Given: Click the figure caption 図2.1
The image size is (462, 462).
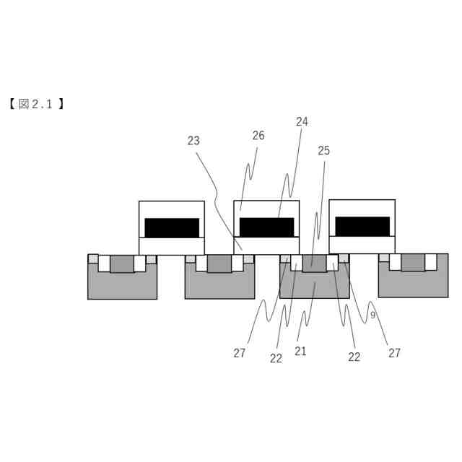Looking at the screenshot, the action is click(37, 104).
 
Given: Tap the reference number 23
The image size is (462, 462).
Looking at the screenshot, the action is click(193, 141).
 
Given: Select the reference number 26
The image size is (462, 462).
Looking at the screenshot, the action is click(258, 135).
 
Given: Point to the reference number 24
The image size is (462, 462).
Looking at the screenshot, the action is click(302, 122).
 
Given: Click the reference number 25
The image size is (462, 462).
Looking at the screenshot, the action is click(323, 150).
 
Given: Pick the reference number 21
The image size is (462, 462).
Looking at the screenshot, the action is click(301, 352).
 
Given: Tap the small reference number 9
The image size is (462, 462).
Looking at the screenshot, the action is click(372, 315).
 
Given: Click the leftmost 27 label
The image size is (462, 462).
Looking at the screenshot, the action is click(240, 353).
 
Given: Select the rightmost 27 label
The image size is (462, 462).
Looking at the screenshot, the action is click(394, 353).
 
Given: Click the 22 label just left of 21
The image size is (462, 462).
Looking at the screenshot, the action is click(276, 358).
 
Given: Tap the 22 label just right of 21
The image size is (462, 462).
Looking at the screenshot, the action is click(354, 357).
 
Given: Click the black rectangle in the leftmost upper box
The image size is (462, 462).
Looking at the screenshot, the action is click(172, 228).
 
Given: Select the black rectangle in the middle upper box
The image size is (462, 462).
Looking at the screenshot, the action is click(266, 227).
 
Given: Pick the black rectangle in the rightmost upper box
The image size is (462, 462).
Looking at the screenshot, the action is click(362, 227).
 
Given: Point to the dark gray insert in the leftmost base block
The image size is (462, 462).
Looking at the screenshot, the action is click(122, 263).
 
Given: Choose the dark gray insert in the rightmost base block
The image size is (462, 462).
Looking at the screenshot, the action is click(413, 262).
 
